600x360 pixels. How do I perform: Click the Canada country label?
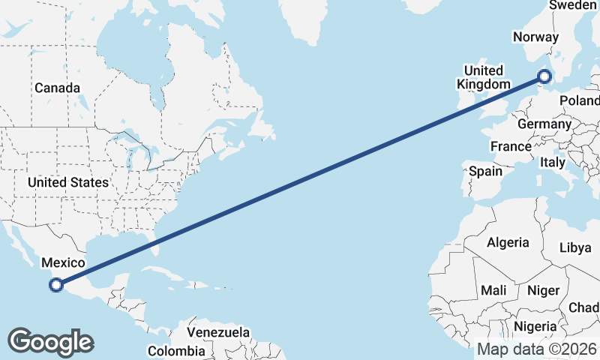click(57, 88)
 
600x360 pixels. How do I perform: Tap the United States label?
click(67, 182)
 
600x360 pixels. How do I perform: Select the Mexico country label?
click(63, 262)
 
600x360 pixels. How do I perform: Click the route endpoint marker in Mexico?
click(55, 284)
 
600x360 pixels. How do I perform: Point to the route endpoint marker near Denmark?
click(545, 76)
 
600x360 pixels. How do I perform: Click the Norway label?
click(535, 37)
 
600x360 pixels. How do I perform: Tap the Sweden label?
click(574, 5)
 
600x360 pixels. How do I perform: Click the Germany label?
click(544, 124)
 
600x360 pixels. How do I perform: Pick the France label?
click(511, 145)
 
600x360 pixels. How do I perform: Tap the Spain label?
click(485, 171)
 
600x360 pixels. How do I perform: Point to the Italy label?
click(553, 162)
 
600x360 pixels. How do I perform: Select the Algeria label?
click(508, 242)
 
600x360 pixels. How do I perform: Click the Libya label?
click(576, 247)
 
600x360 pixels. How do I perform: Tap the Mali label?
click(493, 289)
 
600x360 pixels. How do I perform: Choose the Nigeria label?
click(535, 326)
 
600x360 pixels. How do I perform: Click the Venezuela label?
click(218, 331)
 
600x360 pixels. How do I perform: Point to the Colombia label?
click(175, 350)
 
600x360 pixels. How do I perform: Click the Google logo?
click(50, 342)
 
